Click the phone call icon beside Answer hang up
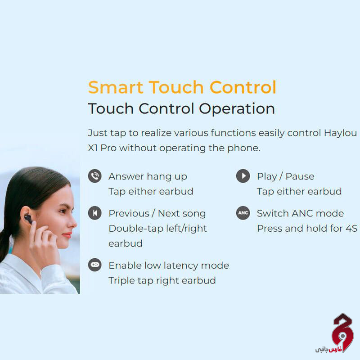pyautogui.click(x=95, y=176)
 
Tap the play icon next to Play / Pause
pyautogui.click(x=243, y=176)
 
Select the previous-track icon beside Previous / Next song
pyautogui.click(x=95, y=213)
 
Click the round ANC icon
pyautogui.click(x=243, y=213)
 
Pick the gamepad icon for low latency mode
pyautogui.click(x=95, y=265)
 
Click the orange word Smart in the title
pyautogui.click(x=116, y=87)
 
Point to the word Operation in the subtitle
pyautogui.click(x=237, y=109)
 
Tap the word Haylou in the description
pyautogui.click(x=340, y=133)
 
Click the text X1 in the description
pyautogui.click(x=93, y=148)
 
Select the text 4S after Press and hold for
pyautogui.click(x=351, y=229)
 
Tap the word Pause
pyautogui.click(x=300, y=176)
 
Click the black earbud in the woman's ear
pyautogui.click(x=28, y=219)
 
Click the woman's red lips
pyautogui.click(x=67, y=235)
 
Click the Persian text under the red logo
pyautogui.click(x=328, y=350)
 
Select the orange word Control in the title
pyautogui.click(x=243, y=87)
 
